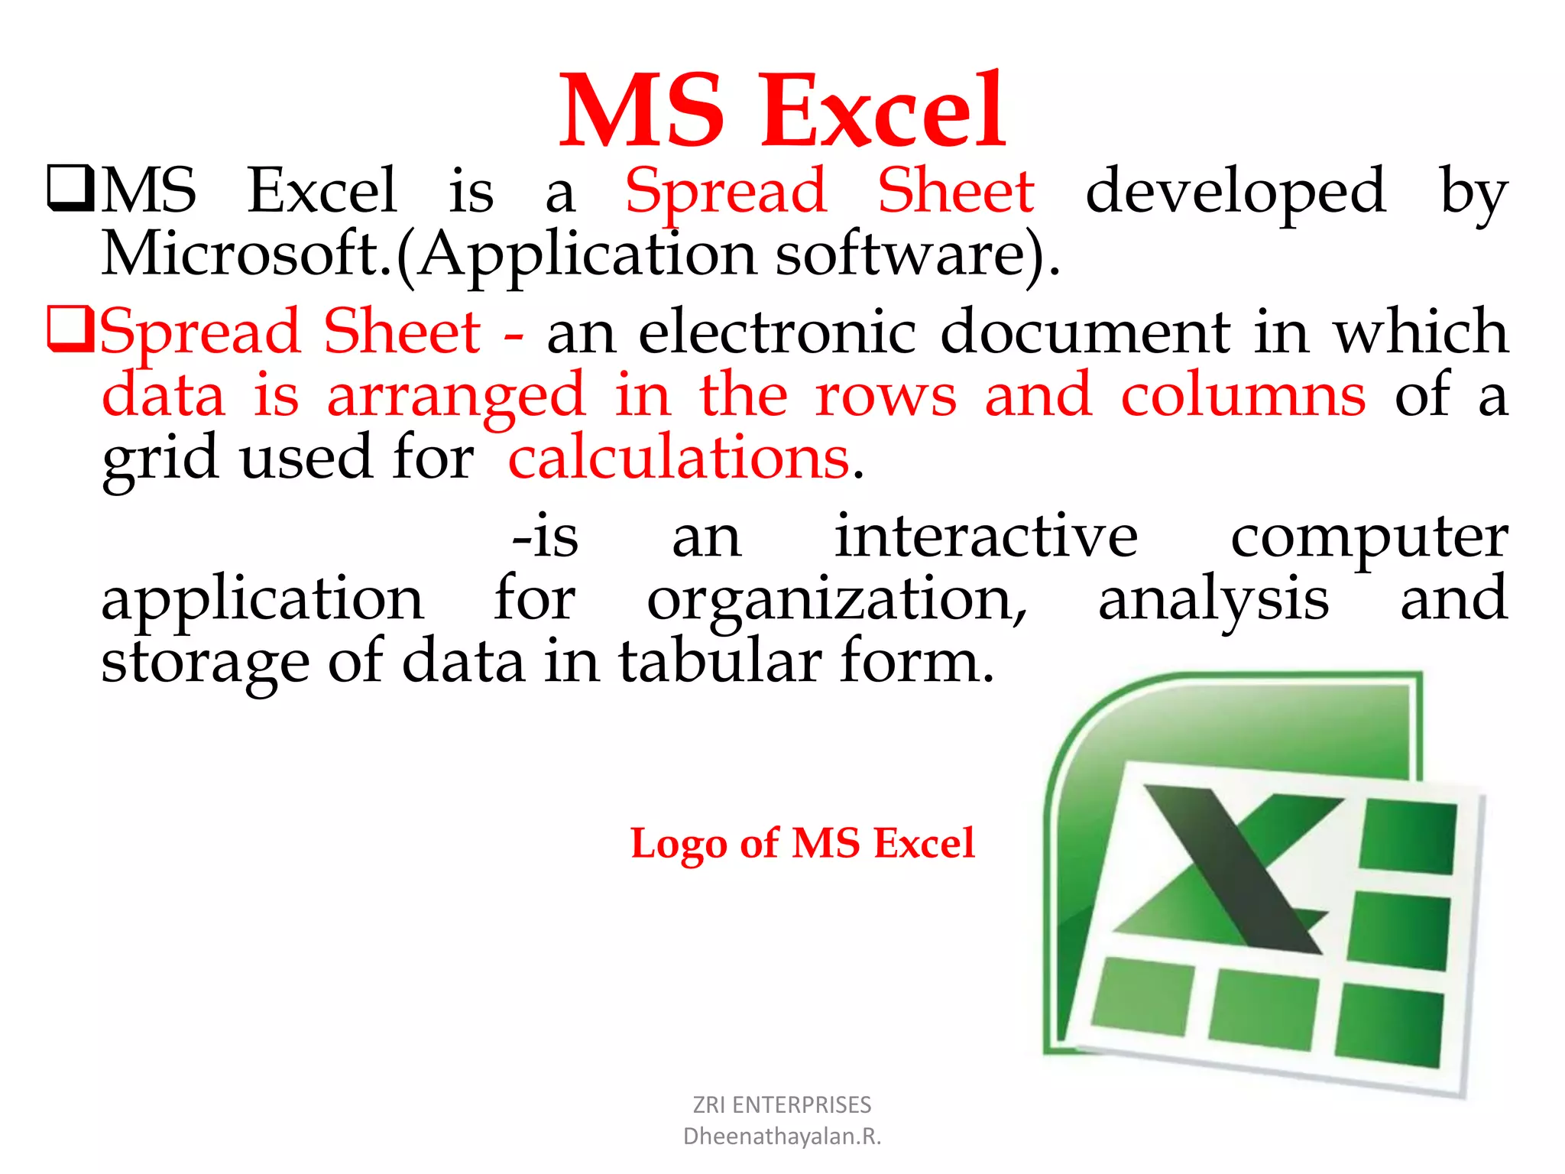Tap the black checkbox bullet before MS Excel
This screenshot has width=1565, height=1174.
(71, 189)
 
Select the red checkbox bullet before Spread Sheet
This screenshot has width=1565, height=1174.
(71, 329)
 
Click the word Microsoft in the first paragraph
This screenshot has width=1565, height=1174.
(245, 255)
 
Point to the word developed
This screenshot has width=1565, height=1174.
(1235, 191)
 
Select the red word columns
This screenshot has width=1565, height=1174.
(1243, 394)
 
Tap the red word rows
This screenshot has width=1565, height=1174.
(885, 396)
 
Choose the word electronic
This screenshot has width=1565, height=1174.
(776, 332)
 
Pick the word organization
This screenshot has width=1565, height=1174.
(836, 600)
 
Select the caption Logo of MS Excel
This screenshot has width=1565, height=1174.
(802, 844)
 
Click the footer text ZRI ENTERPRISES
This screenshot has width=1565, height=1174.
(782, 1104)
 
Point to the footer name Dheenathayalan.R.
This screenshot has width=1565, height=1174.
(782, 1137)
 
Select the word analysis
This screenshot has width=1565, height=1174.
(1213, 600)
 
